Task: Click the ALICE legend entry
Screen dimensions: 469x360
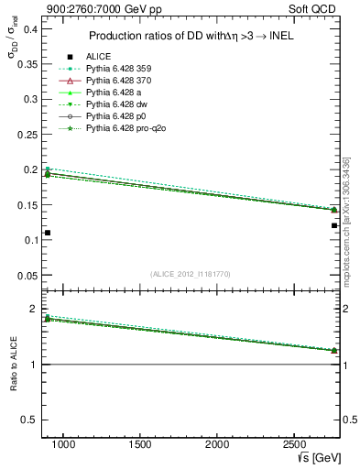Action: pyautogui.click(x=98, y=56)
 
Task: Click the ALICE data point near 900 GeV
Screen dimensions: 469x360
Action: pyautogui.click(x=48, y=233)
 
